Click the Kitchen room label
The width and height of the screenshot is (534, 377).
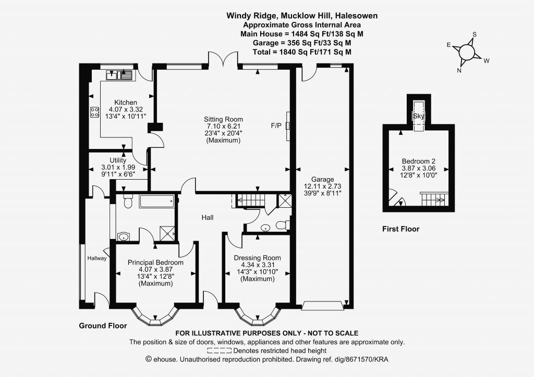(125, 103)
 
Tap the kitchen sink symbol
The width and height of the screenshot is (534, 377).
(119, 75)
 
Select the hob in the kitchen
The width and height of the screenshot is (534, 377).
(95, 112)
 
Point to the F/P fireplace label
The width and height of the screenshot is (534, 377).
(276, 126)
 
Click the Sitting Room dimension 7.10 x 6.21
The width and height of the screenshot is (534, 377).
(223, 126)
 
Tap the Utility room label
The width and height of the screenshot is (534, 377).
(118, 160)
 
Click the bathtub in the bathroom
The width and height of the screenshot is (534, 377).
(157, 202)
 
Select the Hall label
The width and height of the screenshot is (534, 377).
(208, 217)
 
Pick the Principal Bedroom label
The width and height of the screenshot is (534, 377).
(155, 262)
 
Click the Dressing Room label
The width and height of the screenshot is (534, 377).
(257, 258)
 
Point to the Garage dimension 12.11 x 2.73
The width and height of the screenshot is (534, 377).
(322, 186)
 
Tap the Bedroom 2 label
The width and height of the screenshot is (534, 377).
(419, 161)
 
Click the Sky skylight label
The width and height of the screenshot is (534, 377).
(419, 116)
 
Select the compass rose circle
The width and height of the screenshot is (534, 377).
(467, 53)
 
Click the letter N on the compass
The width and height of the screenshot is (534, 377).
(459, 70)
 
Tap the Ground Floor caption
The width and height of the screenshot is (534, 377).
(103, 325)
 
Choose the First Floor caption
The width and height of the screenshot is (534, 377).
(400, 229)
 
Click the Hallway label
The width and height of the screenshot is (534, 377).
(96, 258)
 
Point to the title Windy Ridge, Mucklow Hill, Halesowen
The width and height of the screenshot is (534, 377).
(302, 16)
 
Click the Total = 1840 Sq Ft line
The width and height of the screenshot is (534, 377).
(302, 52)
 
